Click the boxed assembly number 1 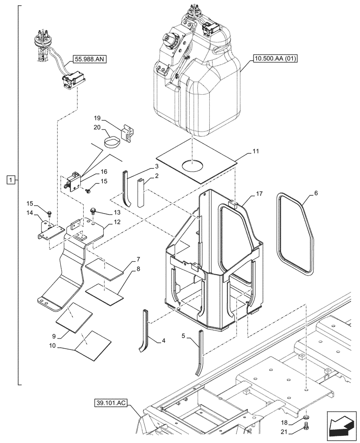point(11,179)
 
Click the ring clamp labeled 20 point(111,143)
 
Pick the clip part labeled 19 point(127,132)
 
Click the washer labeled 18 point(306,418)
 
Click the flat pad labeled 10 point(94,344)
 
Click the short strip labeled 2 point(140,193)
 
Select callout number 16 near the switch point(104,171)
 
